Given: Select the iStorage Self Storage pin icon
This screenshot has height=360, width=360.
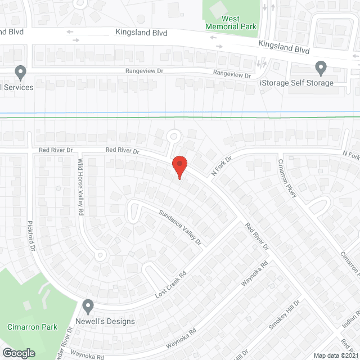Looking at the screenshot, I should tap(321, 69).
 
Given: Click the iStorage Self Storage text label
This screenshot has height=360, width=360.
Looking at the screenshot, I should tap(296, 83).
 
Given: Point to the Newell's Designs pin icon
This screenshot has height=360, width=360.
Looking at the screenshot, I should tap(88, 307).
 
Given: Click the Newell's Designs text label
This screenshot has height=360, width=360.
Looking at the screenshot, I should tap(110, 322).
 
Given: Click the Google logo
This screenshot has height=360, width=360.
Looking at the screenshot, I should tap(18, 353).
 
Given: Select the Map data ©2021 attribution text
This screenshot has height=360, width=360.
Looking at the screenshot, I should tap(335, 355).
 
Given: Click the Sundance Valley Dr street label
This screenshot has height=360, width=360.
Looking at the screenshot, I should tap(179, 227).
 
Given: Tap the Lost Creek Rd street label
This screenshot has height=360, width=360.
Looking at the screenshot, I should tap(170, 286).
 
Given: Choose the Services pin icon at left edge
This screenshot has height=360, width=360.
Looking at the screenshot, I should tap(20, 73).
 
